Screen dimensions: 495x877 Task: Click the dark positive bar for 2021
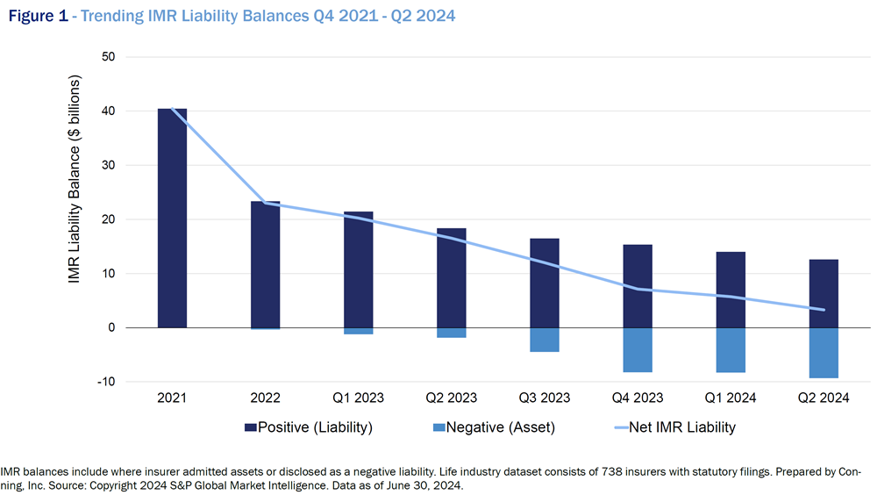pos(172,219)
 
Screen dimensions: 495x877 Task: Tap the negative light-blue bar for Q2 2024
pos(824,353)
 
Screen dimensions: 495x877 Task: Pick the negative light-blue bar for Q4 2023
pos(638,349)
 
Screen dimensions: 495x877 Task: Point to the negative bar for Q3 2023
pos(545,340)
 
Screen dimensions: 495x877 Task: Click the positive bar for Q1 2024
pos(731,290)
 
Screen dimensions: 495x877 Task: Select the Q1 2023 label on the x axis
pos(358,398)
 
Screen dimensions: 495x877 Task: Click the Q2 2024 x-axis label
pos(824,398)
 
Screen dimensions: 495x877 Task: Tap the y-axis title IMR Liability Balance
pos(75,193)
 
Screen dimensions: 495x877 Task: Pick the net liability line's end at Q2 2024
pos(824,309)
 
